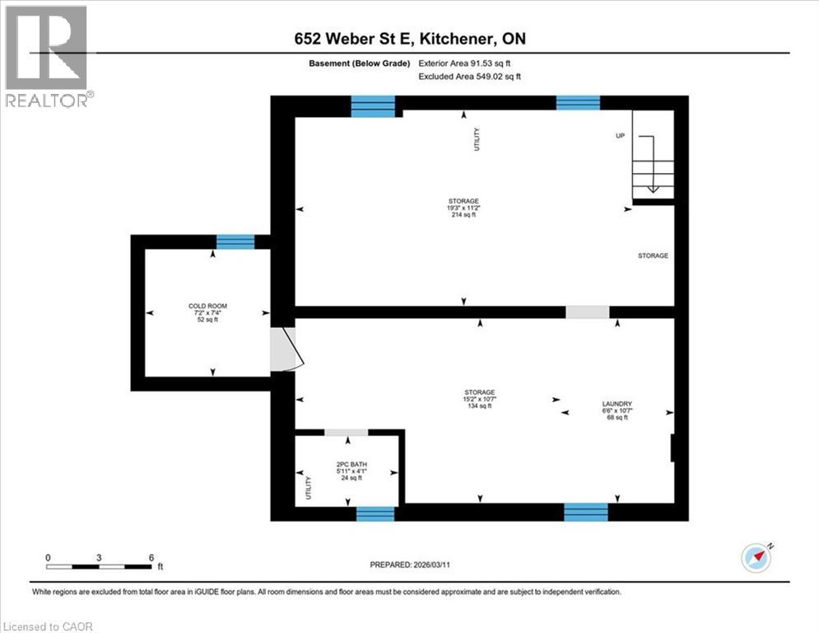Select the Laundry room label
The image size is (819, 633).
(617, 410)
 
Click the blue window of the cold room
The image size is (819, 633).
(235, 241)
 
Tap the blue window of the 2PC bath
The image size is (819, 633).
(375, 513)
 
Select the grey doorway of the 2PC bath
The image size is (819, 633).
(346, 432)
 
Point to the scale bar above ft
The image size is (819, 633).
(100, 566)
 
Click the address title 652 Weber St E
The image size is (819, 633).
(409, 40)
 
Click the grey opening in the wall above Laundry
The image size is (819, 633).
(587, 312)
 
